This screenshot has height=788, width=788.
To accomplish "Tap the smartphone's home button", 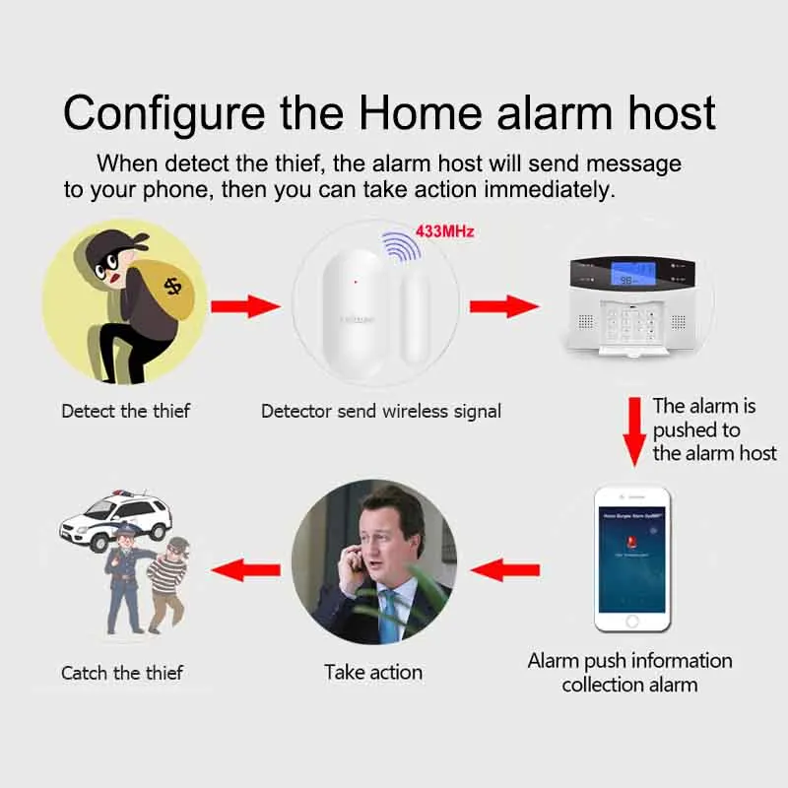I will click(632, 622).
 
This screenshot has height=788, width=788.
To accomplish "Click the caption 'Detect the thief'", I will click(125, 411).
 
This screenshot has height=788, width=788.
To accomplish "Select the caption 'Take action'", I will click(373, 673).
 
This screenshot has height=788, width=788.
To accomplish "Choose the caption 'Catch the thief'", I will click(122, 674).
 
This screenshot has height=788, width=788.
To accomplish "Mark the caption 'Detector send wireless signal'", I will click(381, 411).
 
